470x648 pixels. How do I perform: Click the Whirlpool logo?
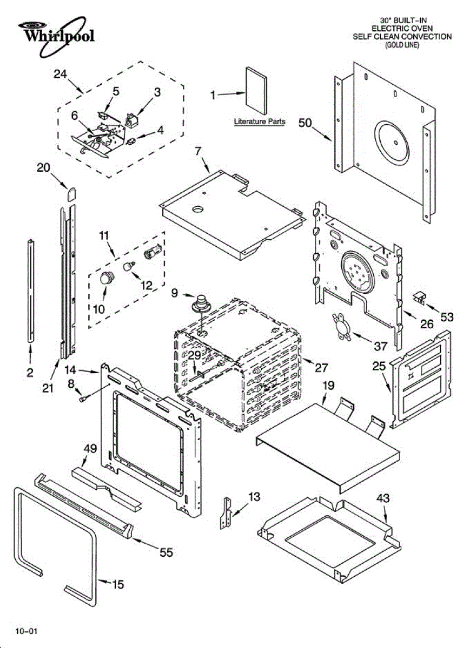56,36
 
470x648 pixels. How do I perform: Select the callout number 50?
305,123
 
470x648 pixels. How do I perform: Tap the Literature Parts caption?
260,122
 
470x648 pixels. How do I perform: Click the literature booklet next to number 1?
256,90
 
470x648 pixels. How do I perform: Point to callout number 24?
60,75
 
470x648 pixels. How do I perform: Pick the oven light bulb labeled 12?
129,266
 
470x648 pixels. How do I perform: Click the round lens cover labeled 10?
107,278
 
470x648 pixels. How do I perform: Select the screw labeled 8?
83,399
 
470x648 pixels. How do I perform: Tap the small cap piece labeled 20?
72,194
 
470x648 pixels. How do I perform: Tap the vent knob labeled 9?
200,304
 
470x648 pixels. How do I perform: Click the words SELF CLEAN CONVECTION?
402,37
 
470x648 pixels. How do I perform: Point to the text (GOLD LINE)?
402,45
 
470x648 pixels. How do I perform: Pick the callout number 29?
195,355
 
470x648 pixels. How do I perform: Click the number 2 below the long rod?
30,373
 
